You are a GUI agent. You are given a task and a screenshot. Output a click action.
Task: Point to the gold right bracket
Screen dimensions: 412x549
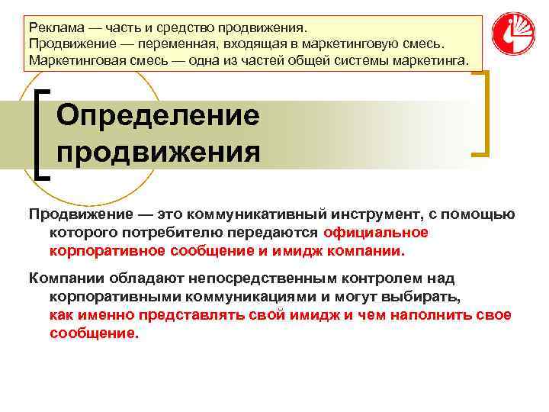point(483,114)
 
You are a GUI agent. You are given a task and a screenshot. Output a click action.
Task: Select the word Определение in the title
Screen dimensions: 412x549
point(159,116)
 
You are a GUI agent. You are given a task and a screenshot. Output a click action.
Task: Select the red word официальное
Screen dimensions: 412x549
point(376,232)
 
